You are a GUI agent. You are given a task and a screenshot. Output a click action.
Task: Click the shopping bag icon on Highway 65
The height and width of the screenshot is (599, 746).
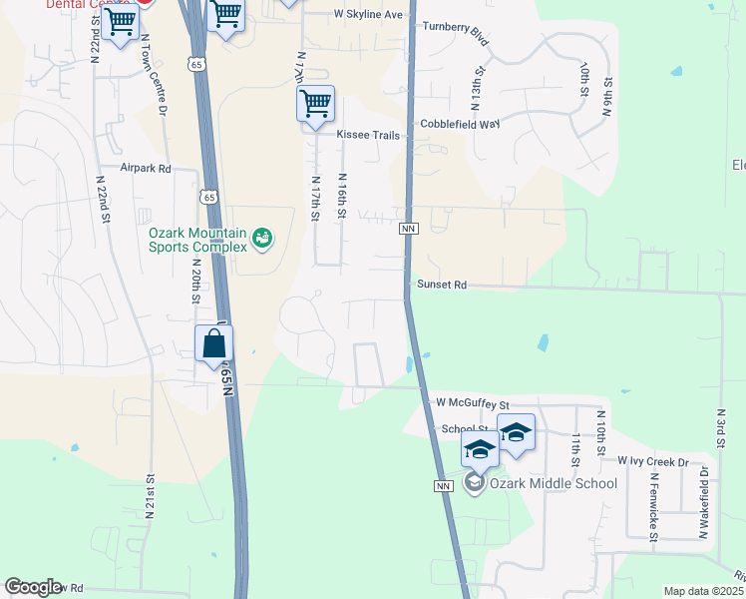click(214, 345)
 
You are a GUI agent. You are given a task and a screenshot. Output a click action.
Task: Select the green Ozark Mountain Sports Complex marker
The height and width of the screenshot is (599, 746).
click(261, 238)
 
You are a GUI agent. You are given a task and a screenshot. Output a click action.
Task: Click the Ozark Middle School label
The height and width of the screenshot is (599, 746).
click(553, 484)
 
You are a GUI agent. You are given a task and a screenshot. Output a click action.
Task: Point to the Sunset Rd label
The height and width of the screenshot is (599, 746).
click(442, 285)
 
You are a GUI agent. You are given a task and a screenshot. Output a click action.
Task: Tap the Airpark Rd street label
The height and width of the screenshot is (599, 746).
click(146, 169)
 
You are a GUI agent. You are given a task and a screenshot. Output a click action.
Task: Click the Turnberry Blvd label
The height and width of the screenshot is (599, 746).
click(456, 33)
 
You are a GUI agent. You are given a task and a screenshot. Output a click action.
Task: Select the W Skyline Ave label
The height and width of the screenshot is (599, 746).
click(368, 15)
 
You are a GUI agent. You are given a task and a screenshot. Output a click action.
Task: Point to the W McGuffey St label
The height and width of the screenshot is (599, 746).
click(473, 403)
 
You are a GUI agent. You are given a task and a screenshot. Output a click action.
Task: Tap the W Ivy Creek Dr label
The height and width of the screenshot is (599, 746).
click(653, 461)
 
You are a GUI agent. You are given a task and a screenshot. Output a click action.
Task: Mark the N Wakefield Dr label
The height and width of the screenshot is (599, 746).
click(703, 502)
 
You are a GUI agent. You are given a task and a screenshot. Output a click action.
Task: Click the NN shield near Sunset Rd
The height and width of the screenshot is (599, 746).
click(408, 229)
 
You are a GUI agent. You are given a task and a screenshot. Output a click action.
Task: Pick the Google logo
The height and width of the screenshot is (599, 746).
click(34, 587)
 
